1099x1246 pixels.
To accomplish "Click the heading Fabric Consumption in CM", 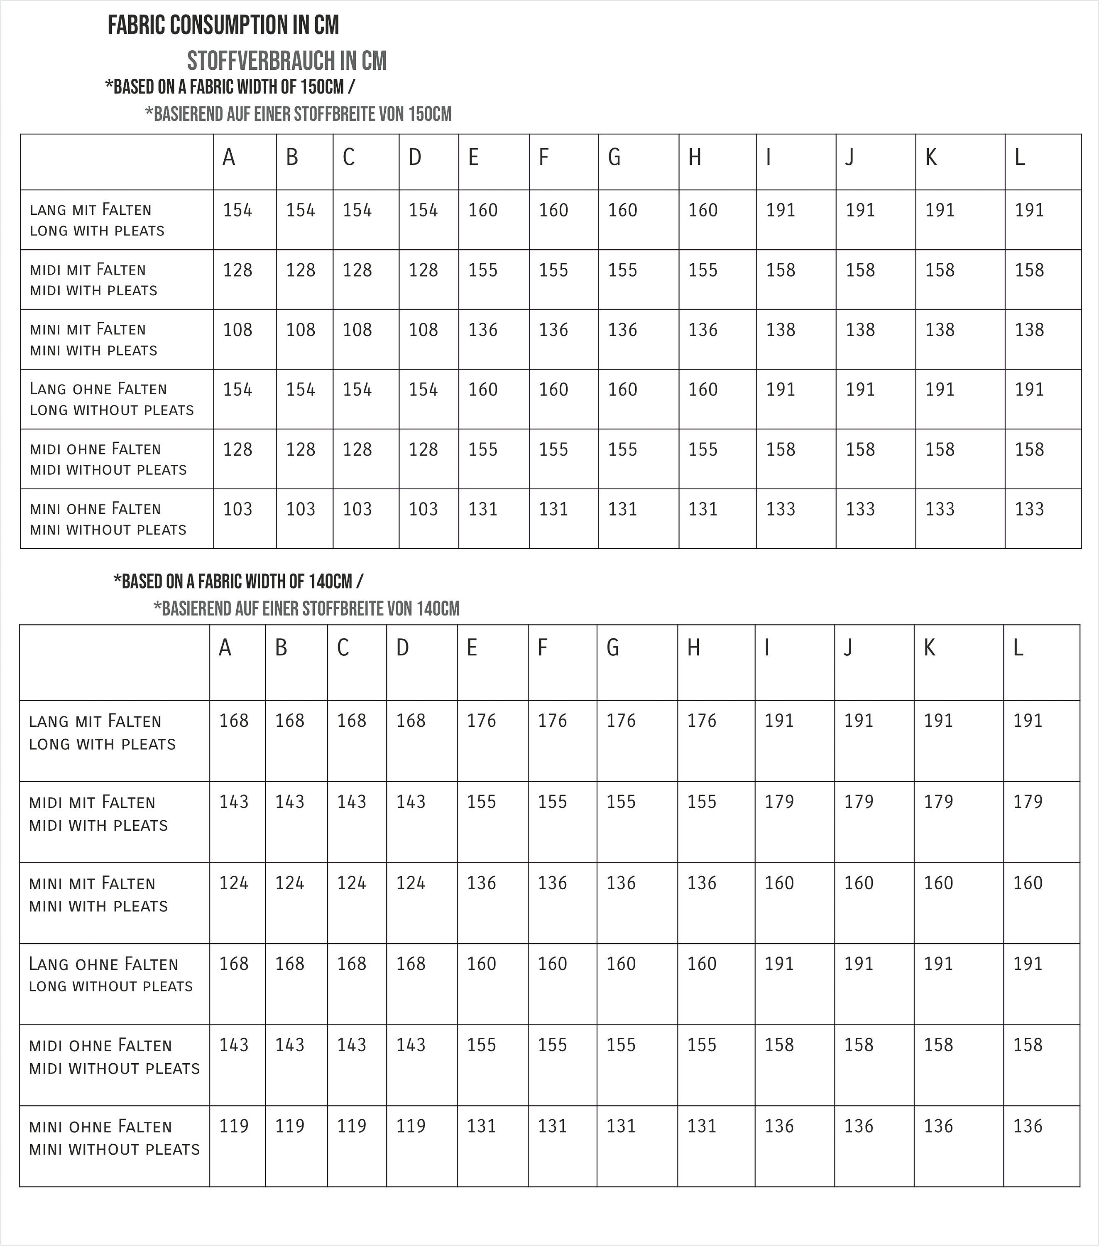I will [223, 26].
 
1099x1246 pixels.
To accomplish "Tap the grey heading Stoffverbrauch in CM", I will [286, 61].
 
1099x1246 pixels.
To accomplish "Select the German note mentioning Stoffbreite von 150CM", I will [298, 114].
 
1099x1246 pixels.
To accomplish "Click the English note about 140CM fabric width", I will [238, 581].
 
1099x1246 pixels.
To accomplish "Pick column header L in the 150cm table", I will [1019, 158].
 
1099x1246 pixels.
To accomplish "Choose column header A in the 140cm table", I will [225, 648].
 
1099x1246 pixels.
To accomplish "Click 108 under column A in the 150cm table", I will [237, 330].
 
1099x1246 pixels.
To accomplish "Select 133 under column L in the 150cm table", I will [1029, 509].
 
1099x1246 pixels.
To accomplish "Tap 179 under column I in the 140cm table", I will [779, 802].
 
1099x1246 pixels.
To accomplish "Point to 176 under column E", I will [482, 721].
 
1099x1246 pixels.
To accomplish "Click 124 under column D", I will [411, 883].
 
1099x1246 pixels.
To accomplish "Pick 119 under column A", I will [234, 1126].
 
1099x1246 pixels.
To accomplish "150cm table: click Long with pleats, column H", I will [703, 210].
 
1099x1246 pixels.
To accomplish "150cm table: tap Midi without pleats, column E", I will [483, 449].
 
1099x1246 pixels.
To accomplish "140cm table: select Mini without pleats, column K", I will [938, 1126].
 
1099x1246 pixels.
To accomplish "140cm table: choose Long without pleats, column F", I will [552, 964].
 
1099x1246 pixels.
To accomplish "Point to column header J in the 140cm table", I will [848, 648].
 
